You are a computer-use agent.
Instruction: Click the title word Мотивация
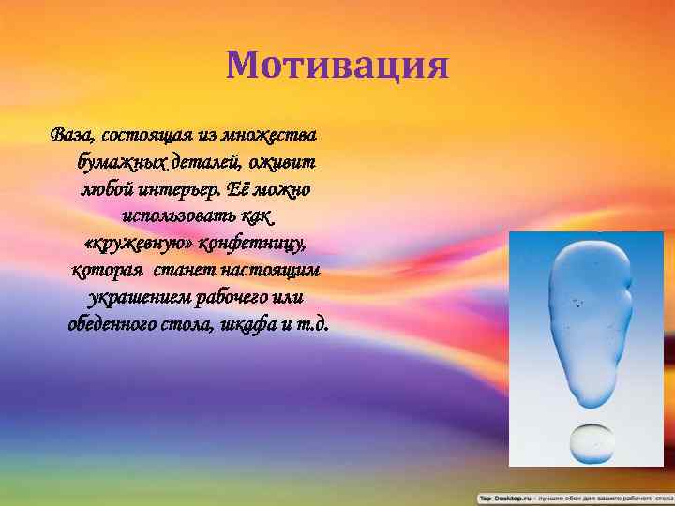337,67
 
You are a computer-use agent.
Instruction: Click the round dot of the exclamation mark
588,441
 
